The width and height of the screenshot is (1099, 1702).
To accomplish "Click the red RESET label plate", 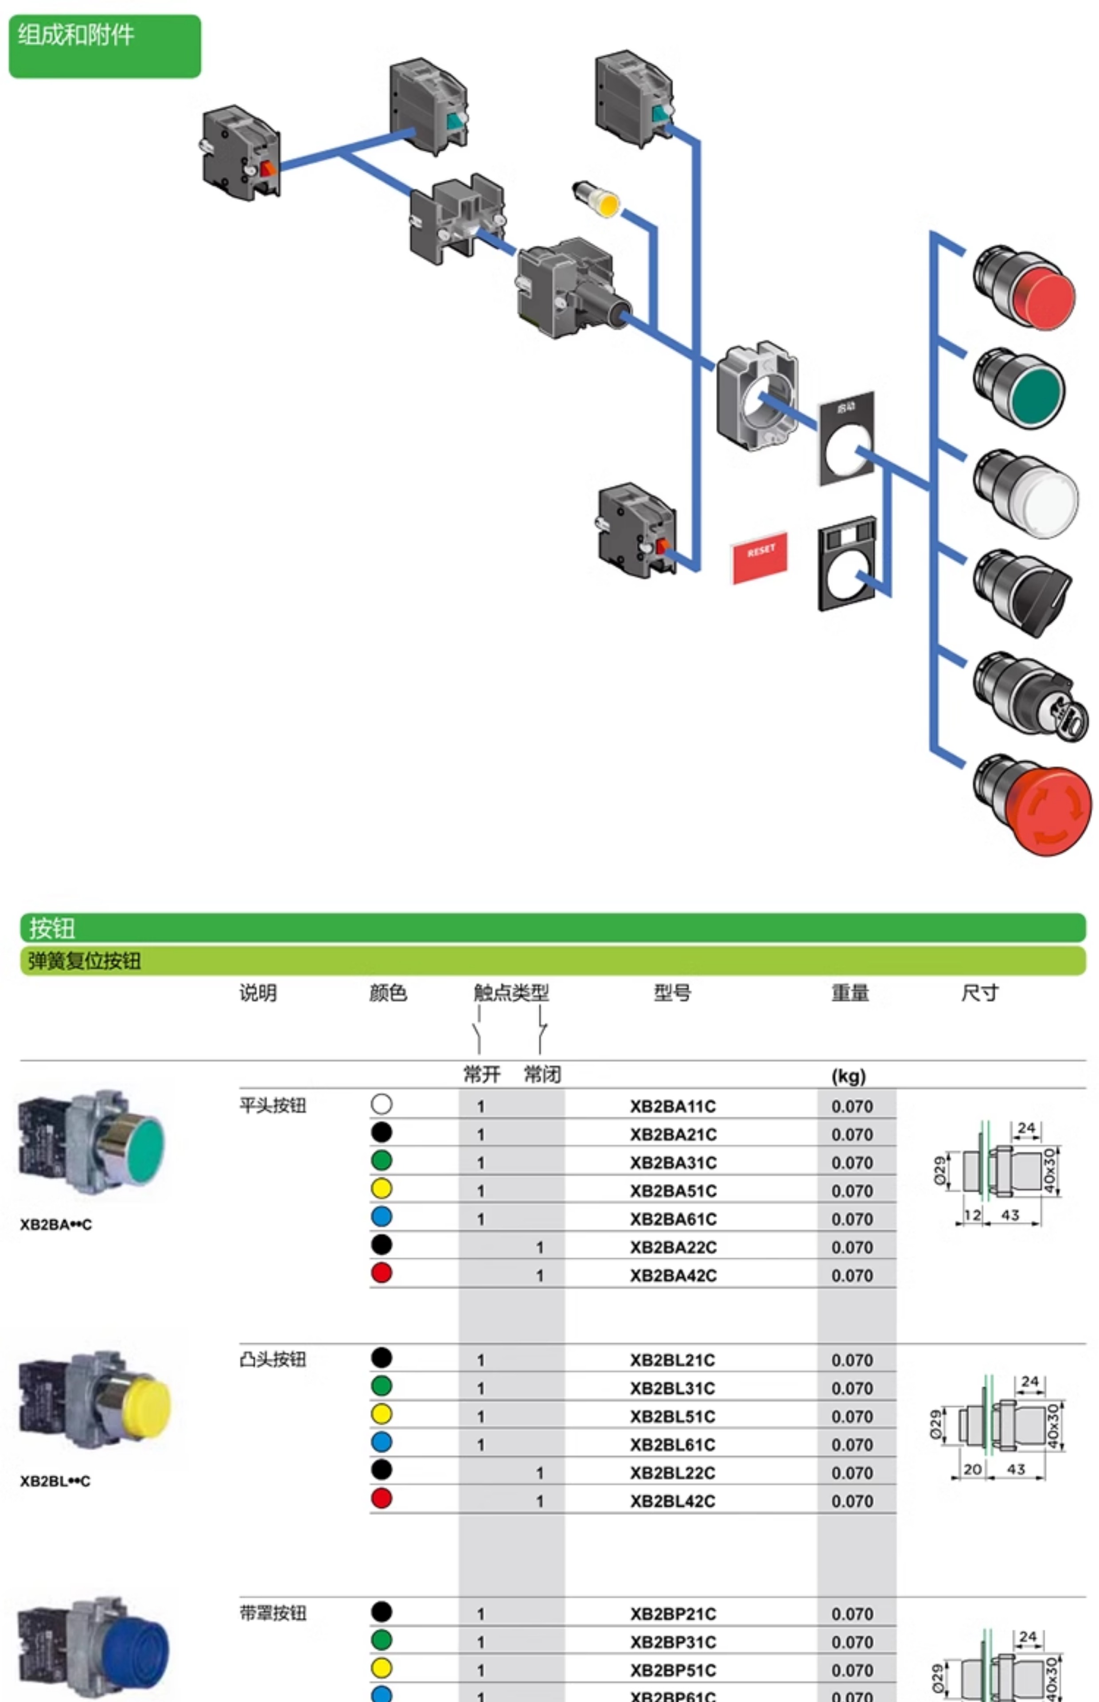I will point(759,557).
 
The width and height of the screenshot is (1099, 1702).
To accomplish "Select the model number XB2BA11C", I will point(672,1106).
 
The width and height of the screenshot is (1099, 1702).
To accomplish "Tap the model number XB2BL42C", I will point(672,1501).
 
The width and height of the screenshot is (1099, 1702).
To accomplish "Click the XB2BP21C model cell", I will point(672,1613).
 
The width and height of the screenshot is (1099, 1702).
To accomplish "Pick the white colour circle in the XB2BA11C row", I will point(381,1104).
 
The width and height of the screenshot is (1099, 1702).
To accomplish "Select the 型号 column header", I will point(672,993).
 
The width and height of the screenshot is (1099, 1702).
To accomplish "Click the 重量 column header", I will point(850,993).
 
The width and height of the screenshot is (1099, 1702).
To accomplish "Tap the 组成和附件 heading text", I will point(76,34).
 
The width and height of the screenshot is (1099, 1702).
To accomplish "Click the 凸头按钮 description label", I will point(273,1359).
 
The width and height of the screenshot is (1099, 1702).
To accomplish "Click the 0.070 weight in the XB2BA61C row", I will point(852,1219).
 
